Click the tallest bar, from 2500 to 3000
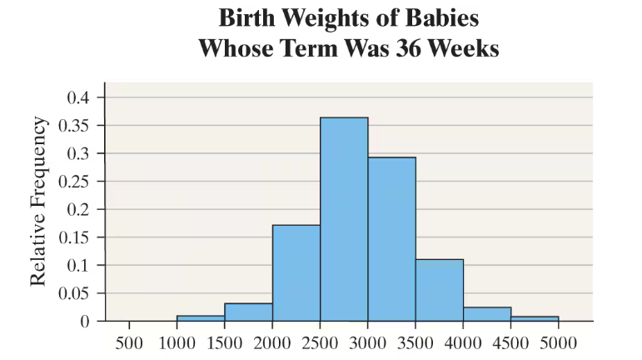point(344,219)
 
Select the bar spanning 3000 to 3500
point(392,239)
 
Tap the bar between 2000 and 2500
point(296,272)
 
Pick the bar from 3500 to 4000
point(440,290)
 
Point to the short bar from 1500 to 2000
point(248,312)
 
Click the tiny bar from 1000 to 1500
point(201,318)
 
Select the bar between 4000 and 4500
point(487,314)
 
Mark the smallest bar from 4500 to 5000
point(535,318)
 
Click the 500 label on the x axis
point(129,342)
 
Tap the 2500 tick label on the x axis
point(321,342)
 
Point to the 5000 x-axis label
point(559,342)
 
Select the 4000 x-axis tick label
point(463,342)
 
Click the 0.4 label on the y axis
point(77,97)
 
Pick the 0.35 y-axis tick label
point(74,125)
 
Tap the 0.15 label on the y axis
point(74,237)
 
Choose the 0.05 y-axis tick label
point(74,293)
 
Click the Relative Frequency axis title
point(38,202)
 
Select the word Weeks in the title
point(464,48)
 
